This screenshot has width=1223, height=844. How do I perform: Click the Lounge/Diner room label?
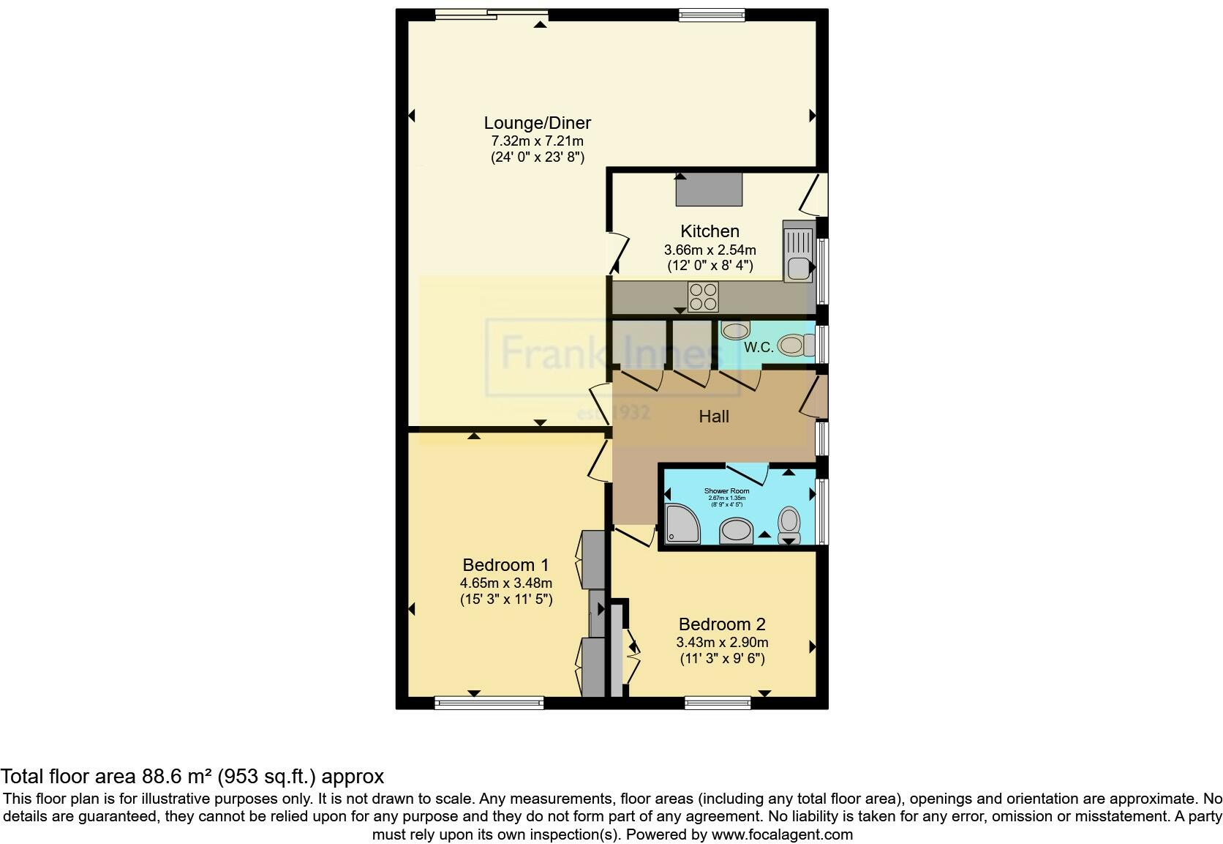point(537,123)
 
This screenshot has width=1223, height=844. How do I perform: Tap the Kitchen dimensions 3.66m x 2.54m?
point(710,250)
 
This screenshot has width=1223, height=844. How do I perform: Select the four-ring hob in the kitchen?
point(703,297)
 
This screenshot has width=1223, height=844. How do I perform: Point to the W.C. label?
point(759,347)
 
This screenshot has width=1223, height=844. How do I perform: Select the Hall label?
point(713,417)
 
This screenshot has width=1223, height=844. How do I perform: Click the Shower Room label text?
point(726,490)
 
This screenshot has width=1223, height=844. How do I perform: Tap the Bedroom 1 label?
point(505,565)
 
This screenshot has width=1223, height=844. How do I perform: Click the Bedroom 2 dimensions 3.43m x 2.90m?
point(722,642)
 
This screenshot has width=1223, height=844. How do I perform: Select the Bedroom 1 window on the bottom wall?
point(489,703)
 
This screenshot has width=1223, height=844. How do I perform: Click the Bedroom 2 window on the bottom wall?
point(717,703)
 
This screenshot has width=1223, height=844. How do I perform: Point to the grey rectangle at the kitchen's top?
point(708,189)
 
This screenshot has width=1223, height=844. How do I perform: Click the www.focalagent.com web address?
point(781,834)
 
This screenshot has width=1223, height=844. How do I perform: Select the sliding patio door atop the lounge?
point(490,14)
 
